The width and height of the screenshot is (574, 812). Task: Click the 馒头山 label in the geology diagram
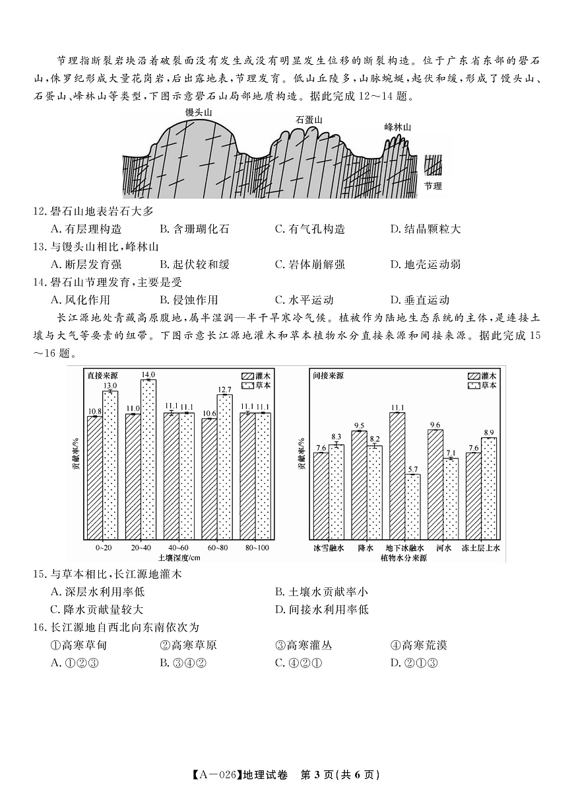[199, 112]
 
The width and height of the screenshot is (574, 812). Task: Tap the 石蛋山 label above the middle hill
[309, 120]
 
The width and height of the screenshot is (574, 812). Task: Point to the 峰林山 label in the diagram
[398, 128]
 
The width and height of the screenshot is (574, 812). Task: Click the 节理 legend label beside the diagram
[432, 186]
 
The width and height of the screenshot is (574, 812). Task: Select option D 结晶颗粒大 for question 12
[426, 229]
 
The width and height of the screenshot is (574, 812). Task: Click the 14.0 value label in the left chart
[148, 374]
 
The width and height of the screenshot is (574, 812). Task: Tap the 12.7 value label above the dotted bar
[224, 390]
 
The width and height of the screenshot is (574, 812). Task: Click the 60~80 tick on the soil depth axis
[216, 548]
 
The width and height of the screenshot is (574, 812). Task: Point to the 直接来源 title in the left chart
[104, 375]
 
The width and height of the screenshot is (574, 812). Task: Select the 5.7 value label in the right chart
[413, 469]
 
